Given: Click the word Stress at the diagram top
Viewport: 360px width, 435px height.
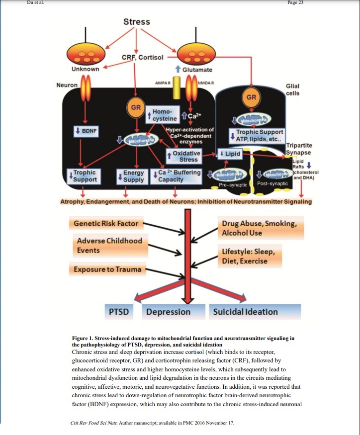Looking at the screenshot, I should coord(136,22).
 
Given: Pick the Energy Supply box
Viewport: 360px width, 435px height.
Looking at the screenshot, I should coord(133,176).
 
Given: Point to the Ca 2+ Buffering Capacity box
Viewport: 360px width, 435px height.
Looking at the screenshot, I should coord(177,176).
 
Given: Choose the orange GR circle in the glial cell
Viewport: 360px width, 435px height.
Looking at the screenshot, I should coord(252,97).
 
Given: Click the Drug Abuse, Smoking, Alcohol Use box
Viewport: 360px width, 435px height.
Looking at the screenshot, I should coord(259,228).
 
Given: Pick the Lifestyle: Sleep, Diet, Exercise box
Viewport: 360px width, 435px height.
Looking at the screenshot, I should coord(251,256).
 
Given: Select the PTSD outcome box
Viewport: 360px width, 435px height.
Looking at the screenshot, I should coord(119,312).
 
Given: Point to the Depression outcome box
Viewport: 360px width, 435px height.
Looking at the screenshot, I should coord(168,312).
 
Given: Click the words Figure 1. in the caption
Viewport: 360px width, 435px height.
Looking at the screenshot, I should coord(86,339).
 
